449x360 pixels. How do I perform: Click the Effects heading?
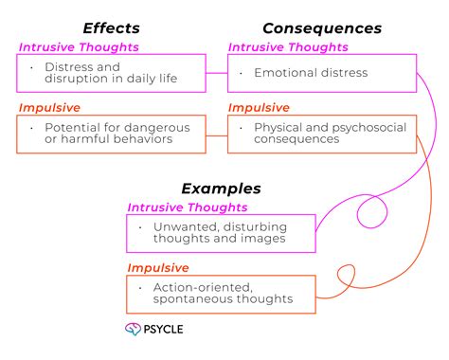click(110, 28)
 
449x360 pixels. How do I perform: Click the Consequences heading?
click(322, 28)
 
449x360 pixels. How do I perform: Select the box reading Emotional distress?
click(322, 73)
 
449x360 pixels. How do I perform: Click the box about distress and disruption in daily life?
click(111, 73)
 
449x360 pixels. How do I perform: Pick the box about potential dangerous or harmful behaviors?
click(111, 134)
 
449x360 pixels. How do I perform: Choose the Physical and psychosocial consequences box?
click(322, 134)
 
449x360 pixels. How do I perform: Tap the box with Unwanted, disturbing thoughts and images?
click(221, 233)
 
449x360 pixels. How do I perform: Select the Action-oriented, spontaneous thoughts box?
click(221, 294)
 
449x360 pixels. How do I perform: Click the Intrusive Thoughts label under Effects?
click(79, 46)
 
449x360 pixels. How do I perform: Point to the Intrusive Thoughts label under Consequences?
click(289, 46)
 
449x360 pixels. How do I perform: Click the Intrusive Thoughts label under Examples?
click(188, 207)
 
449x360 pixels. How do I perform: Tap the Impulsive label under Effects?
click(49, 107)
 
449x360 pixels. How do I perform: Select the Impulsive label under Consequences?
click(259, 107)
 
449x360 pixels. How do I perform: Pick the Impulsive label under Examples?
click(158, 267)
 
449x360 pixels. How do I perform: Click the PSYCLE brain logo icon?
click(134, 330)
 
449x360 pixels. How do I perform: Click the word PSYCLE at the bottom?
click(167, 330)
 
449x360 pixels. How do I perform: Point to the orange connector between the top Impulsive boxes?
click(216, 134)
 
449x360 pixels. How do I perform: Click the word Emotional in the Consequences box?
click(282, 73)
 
